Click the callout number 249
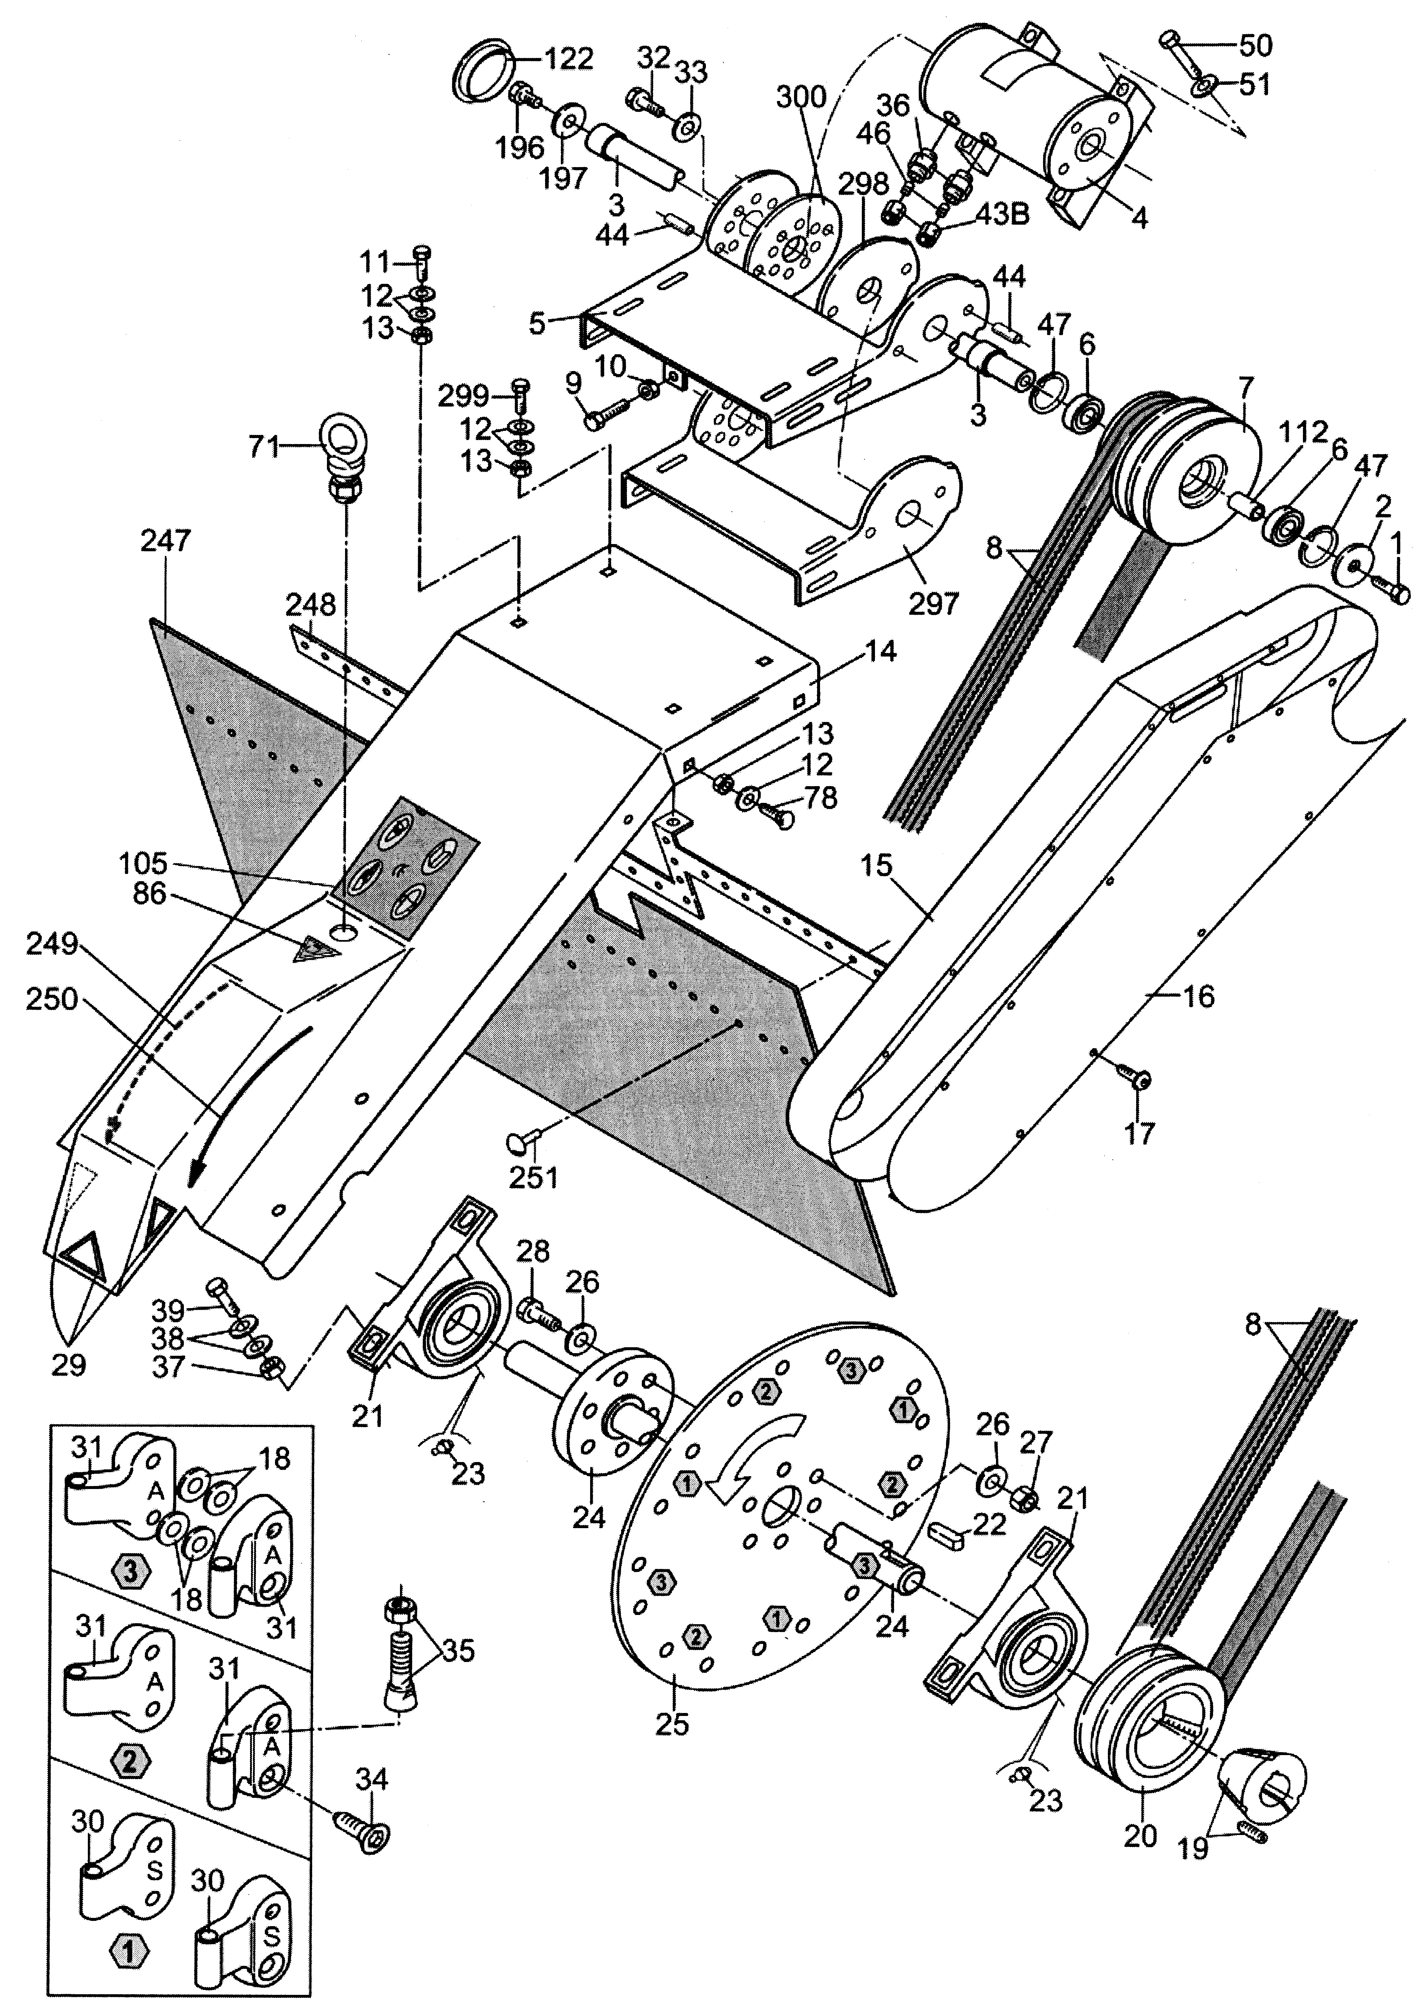pos(53,946)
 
